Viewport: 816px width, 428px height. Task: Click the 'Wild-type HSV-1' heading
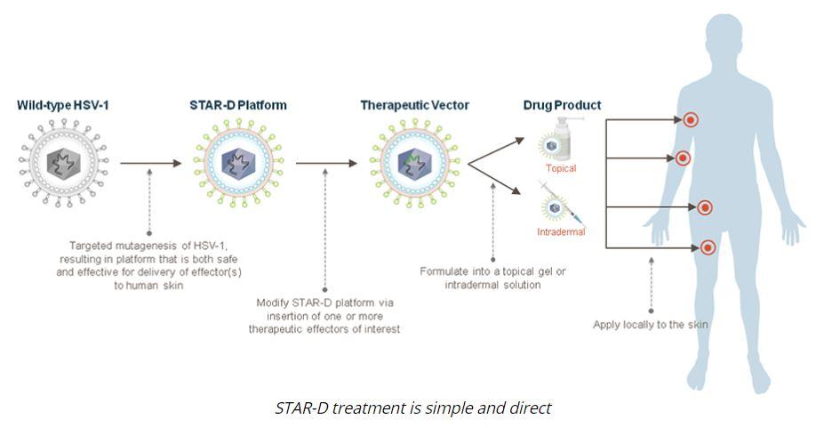[x=63, y=105]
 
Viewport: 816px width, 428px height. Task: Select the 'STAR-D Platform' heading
[x=238, y=105]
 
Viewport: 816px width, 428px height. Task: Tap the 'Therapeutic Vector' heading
[x=415, y=106]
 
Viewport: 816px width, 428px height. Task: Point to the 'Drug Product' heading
[x=562, y=105]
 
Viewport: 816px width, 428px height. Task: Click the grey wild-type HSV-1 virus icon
[x=63, y=163]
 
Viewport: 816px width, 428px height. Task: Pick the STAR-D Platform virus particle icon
[x=238, y=163]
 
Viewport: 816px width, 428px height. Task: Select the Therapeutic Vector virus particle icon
[x=415, y=163]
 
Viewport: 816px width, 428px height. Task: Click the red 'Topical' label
[x=561, y=168]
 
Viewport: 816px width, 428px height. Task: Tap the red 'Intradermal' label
[x=561, y=231]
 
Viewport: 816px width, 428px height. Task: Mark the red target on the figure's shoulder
[x=690, y=120]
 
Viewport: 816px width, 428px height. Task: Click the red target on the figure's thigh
[x=708, y=247]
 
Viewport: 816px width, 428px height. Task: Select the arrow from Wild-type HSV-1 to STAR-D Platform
[x=151, y=164]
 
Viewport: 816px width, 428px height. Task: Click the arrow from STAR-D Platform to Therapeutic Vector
[x=326, y=164]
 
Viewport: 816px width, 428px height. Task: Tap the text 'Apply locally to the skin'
[x=651, y=325]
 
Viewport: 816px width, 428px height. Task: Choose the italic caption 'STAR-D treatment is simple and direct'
[x=412, y=408]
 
